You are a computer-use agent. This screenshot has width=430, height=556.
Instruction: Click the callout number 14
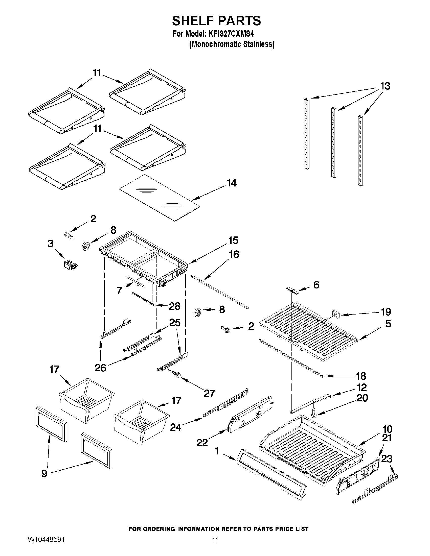232,183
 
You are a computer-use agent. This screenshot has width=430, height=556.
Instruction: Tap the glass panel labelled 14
160,198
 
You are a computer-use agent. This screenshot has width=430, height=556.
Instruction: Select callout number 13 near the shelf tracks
385,86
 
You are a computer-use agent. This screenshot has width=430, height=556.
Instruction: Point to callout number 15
233,240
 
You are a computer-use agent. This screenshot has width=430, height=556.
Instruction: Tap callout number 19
386,312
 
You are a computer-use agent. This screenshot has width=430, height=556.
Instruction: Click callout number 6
316,285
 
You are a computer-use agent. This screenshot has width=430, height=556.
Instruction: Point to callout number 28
175,306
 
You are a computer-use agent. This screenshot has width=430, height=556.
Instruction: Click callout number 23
387,459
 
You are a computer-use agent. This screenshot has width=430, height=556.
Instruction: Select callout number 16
234,254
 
